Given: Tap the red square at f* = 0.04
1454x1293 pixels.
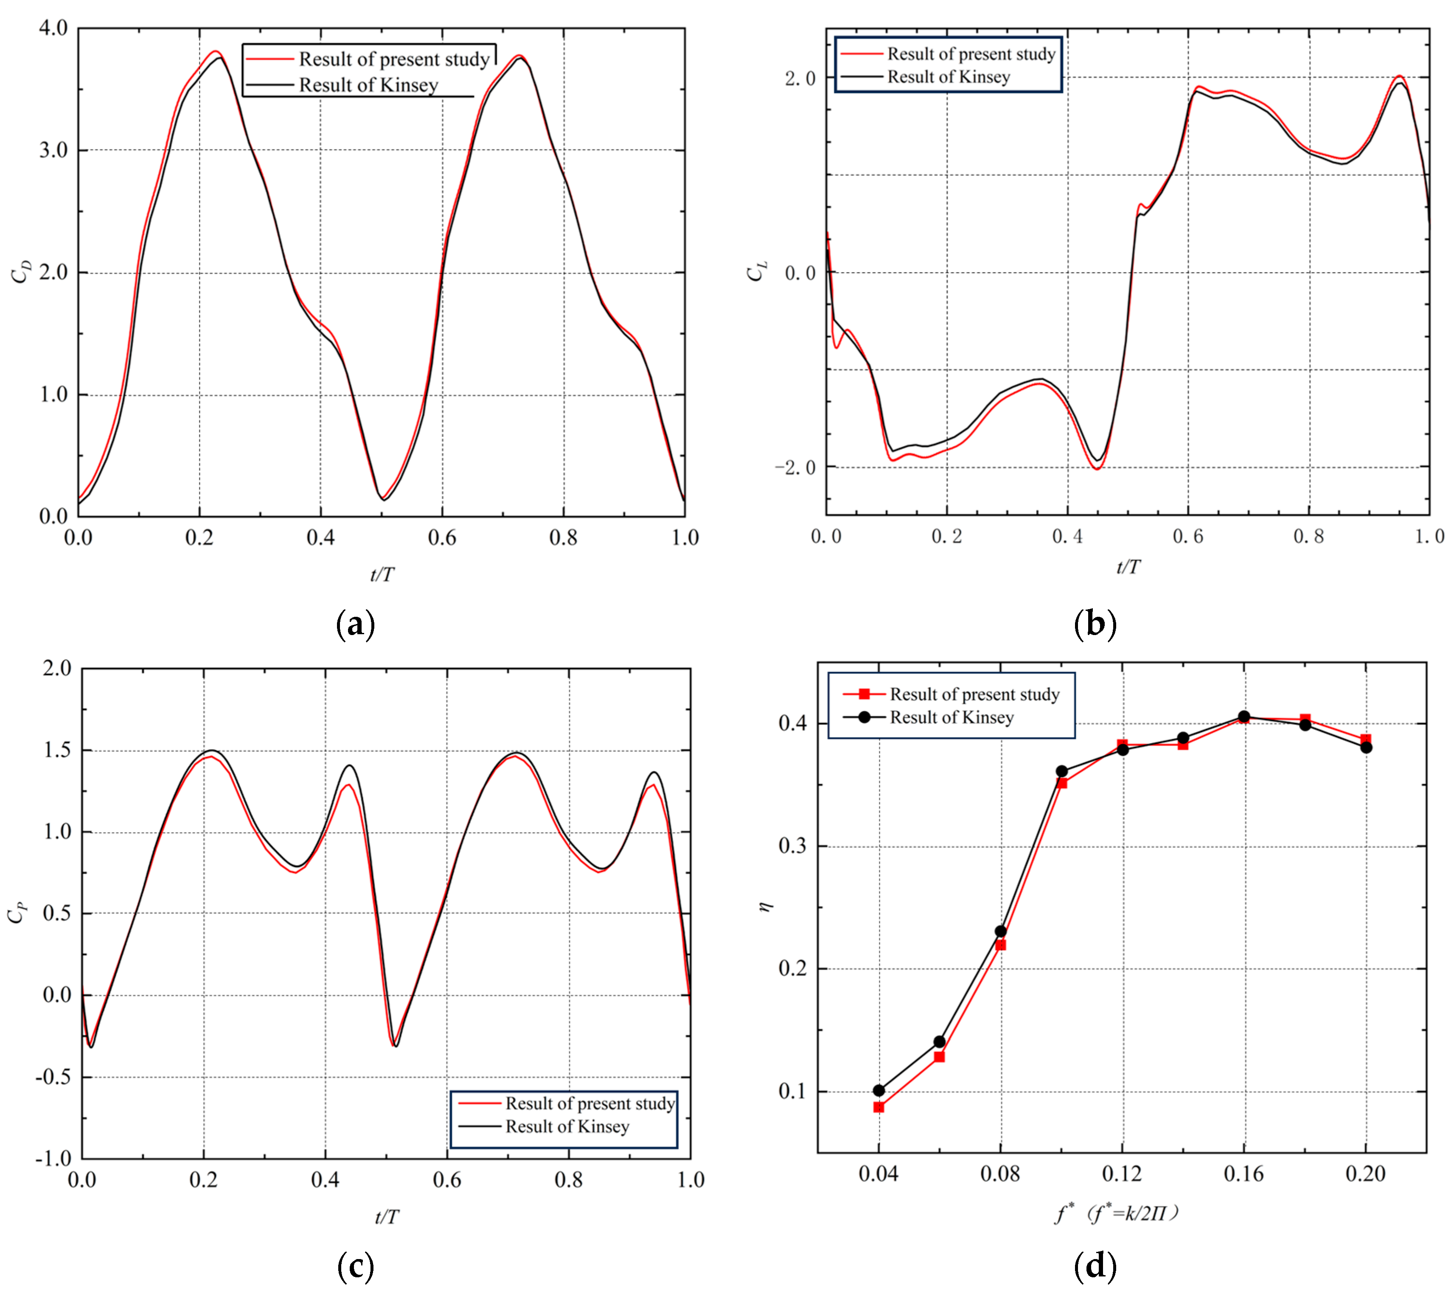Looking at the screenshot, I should (879, 1107).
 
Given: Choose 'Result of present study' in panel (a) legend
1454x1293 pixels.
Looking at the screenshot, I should (393, 59).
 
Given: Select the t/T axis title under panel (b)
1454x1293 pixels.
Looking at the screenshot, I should (1128, 567).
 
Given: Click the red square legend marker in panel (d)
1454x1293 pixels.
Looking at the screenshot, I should (864, 694).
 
